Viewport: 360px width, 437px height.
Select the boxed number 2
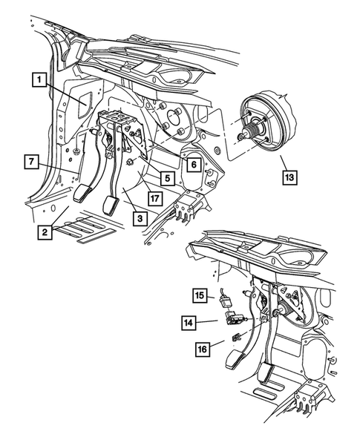tap(46, 233)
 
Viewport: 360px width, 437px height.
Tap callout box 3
tap(139, 218)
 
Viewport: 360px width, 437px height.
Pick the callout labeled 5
tap(168, 179)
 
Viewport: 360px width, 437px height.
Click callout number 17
tap(154, 198)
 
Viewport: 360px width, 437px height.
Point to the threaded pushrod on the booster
tap(243, 136)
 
